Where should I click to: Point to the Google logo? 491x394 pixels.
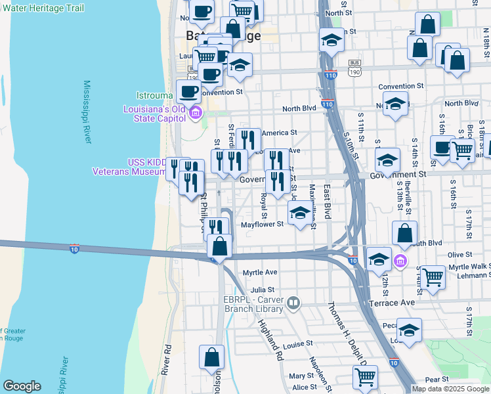(22, 386)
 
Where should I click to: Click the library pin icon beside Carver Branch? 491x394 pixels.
(293, 303)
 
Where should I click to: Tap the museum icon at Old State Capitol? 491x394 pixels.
(195, 114)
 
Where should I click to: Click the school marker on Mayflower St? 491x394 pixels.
(300, 213)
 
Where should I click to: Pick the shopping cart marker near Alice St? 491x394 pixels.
(365, 377)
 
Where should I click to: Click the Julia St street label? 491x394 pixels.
(261, 289)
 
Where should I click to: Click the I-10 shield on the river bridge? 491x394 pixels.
(75, 249)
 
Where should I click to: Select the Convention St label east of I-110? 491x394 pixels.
(401, 86)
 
